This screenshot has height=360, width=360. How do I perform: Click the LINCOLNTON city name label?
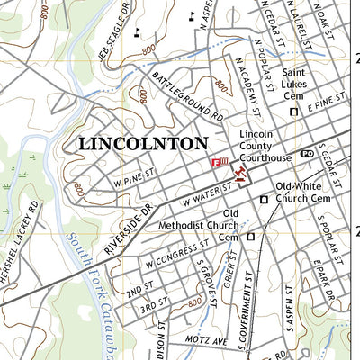[143, 143]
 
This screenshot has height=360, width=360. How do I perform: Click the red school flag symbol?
[220, 162]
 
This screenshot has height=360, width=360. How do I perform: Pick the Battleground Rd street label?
[186, 97]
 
